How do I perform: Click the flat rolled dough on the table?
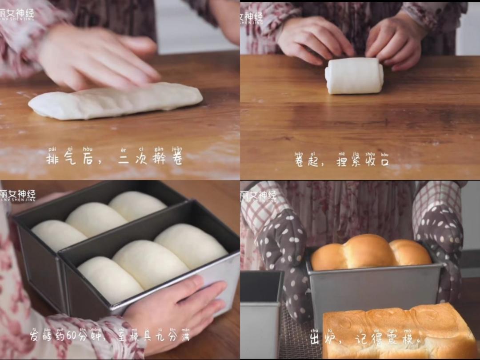coord(116,101)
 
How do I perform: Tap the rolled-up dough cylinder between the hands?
coord(354,76)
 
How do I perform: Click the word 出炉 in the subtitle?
coord(321,340)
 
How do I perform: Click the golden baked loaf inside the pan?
coord(370,252)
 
